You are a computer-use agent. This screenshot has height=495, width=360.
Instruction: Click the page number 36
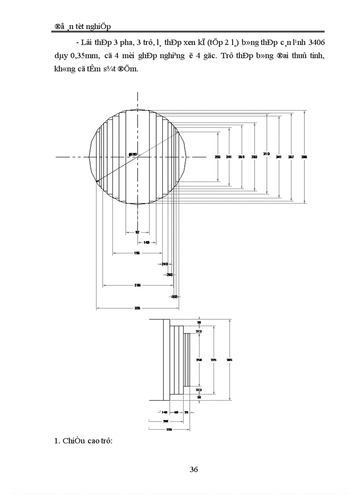(x=194, y=469)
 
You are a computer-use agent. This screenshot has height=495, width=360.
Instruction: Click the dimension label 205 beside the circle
(x=217, y=157)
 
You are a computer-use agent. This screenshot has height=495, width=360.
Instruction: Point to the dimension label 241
(x=229, y=157)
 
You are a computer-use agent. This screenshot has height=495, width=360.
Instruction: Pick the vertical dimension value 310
(x=266, y=154)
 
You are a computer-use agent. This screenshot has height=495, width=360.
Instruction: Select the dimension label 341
(x=278, y=157)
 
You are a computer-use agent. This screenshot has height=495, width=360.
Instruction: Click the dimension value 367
(x=291, y=157)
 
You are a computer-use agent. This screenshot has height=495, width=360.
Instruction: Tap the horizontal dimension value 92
(x=137, y=232)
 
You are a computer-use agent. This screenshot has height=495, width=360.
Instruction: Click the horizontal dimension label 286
(x=138, y=286)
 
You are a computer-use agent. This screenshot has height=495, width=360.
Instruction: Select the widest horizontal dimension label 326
(x=137, y=309)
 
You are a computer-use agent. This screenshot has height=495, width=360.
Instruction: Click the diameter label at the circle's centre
(x=133, y=154)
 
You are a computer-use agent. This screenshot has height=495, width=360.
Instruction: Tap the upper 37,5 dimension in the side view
(x=199, y=331)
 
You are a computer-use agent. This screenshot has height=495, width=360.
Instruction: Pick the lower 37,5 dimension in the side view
(x=199, y=390)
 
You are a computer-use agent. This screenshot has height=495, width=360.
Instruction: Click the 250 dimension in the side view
(x=199, y=360)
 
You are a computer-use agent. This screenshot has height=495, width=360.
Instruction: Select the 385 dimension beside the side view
(x=229, y=360)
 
